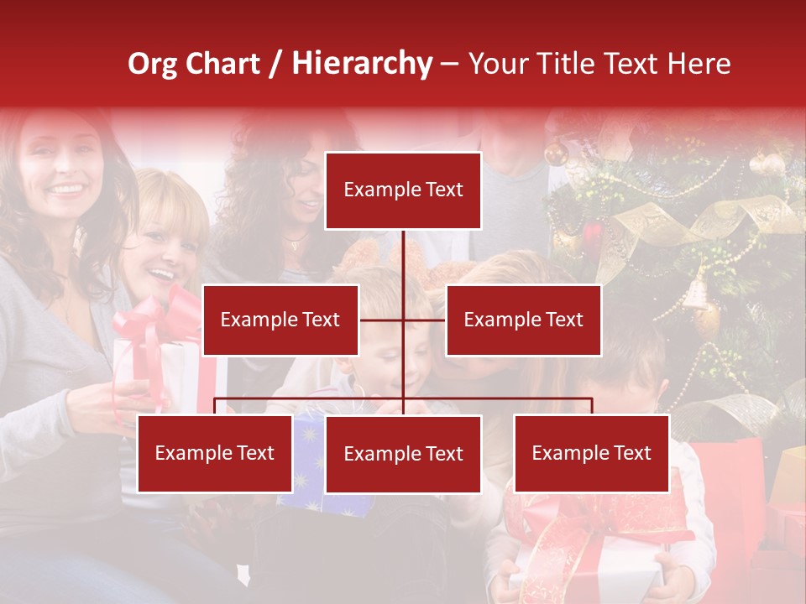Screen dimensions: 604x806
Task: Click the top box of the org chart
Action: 403,190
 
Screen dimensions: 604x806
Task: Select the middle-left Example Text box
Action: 280,320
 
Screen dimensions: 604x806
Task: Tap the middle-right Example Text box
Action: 523,320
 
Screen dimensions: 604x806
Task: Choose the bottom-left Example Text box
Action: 215,453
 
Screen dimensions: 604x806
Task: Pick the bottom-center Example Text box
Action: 403,454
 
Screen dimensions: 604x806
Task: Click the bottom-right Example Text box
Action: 591,453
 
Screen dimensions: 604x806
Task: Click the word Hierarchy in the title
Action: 362,64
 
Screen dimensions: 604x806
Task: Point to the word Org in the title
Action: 152,64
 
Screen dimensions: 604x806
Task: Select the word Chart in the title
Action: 224,64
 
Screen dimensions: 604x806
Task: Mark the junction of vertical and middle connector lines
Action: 403,320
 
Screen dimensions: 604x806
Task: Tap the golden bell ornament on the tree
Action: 696,294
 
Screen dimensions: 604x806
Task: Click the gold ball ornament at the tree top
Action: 556,154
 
